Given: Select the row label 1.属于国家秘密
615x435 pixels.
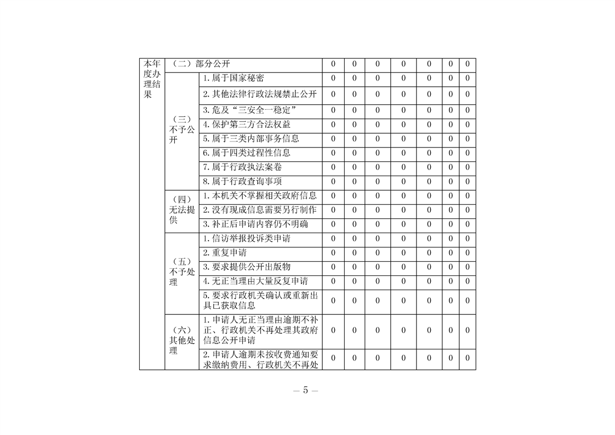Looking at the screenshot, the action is tap(234, 78).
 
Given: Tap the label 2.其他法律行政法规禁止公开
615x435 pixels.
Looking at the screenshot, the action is tap(260, 94).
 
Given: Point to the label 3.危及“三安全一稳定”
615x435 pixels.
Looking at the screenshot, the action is tap(249, 110).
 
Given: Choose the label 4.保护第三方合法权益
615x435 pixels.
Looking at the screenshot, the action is tap(247, 125).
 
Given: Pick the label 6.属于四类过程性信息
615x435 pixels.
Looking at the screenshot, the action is tap(247, 153).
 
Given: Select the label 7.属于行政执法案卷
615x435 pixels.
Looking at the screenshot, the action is tap(242, 167).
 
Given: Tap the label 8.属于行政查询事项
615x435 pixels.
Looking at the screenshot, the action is tap(242, 182).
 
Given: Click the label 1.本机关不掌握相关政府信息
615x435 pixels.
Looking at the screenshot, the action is tap(260, 196).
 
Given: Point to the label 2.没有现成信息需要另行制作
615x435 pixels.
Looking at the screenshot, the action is tap(260, 210).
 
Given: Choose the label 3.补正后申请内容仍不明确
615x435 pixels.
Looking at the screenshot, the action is tap(255, 224).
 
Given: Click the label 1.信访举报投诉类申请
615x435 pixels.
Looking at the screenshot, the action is tap(247, 239).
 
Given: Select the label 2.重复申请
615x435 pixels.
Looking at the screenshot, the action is tap(225, 253).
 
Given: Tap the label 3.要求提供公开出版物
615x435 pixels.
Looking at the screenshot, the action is tap(247, 267).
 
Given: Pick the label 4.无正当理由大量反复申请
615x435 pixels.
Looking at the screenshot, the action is tap(255, 281).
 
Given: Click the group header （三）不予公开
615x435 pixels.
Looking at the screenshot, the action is tap(182, 130).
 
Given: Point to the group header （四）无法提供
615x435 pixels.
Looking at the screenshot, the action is tap(182, 210).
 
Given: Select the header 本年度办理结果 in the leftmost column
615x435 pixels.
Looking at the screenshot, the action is tap(152, 79).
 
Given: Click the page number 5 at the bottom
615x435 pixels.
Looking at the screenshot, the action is tap(305, 390).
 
